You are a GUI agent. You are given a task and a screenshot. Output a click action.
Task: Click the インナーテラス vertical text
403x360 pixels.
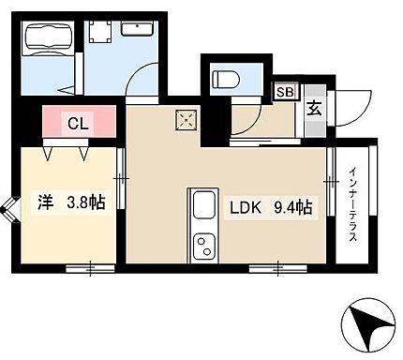click(353, 204)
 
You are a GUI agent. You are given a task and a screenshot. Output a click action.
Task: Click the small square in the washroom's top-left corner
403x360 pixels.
click(100, 31)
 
